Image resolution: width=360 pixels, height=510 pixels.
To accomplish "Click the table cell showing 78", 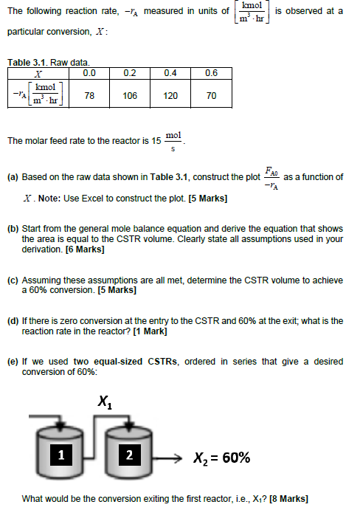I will click(89, 95).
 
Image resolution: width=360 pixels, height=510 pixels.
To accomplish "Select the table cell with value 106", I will click(130, 95).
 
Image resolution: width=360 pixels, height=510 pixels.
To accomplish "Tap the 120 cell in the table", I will click(170, 95).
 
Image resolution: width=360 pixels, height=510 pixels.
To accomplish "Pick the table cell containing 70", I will click(211, 95).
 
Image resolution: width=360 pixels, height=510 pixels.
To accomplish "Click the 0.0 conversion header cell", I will click(89, 73).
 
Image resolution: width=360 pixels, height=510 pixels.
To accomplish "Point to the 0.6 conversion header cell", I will click(211, 73).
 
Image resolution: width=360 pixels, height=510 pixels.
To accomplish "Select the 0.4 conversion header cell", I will click(170, 73).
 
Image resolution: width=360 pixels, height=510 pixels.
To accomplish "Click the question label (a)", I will click(13, 177).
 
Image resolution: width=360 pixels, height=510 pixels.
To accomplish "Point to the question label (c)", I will click(13, 280).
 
